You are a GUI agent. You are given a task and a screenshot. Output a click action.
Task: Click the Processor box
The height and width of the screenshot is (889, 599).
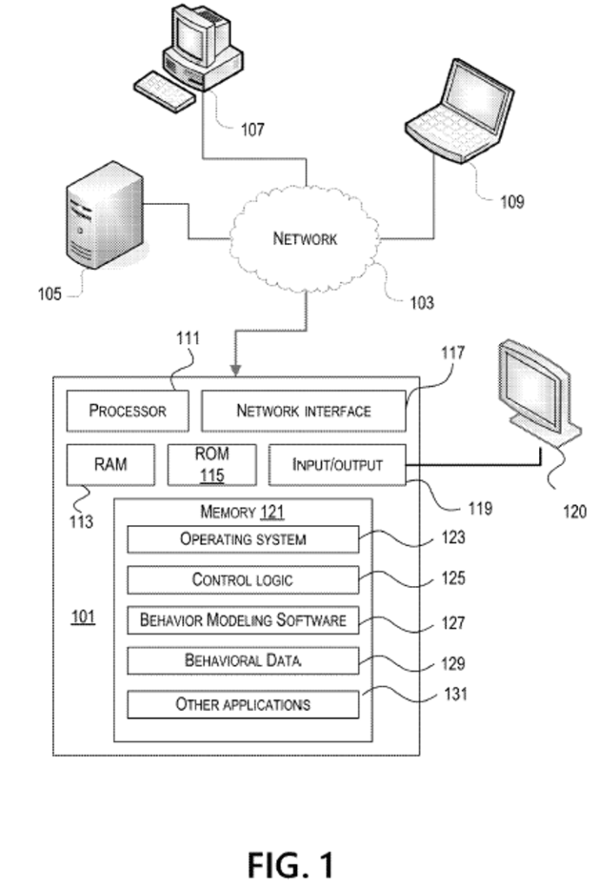click(x=128, y=411)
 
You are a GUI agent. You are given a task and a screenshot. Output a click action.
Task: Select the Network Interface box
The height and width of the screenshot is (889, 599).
click(x=304, y=411)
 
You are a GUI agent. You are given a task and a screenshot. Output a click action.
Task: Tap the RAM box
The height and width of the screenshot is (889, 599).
click(x=110, y=464)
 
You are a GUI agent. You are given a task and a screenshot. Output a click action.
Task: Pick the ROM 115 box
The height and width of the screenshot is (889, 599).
click(x=212, y=464)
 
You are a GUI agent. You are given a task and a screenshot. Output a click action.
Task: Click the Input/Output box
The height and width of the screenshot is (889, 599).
click(x=338, y=464)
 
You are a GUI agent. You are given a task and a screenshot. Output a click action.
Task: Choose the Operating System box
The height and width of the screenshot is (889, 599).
click(x=243, y=539)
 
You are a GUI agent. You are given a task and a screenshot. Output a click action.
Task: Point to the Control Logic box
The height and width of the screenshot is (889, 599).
click(x=243, y=579)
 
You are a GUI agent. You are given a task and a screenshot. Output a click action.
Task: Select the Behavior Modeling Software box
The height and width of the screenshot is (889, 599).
click(x=243, y=620)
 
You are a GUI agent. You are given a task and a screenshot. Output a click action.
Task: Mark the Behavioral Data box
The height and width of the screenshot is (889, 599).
click(x=243, y=661)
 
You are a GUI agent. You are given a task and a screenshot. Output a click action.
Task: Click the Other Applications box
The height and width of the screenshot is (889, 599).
click(x=243, y=704)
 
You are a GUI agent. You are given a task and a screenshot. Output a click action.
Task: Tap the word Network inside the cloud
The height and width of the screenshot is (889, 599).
click(x=305, y=239)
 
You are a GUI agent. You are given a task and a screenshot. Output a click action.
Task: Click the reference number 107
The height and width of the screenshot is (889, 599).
click(x=252, y=130)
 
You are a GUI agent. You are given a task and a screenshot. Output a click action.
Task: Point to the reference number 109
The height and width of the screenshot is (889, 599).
click(x=511, y=202)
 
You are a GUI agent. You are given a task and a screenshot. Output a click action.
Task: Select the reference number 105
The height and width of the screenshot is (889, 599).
click(x=49, y=293)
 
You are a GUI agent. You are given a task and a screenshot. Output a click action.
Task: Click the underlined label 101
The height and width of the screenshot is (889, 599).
click(x=83, y=617)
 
